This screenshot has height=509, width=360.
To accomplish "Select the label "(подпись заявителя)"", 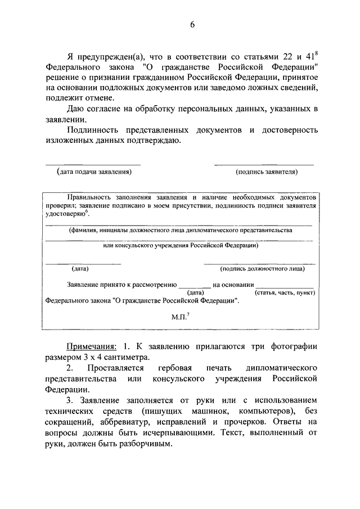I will point(267,172).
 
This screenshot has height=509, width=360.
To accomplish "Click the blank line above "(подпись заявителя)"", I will point(264,164).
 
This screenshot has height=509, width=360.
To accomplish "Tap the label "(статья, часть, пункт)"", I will point(283,293).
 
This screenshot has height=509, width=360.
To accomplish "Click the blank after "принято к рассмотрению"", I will point(195,286).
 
